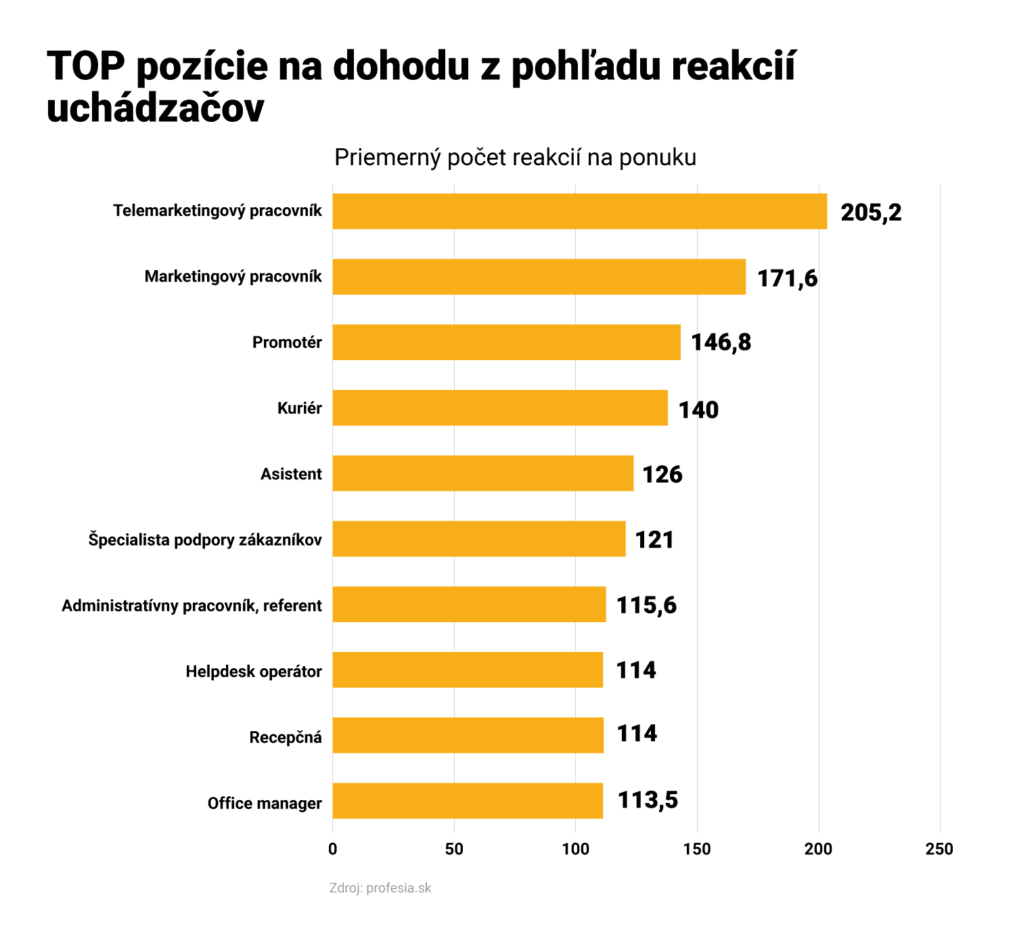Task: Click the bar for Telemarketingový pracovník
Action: [x=579, y=211]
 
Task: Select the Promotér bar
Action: [x=506, y=342]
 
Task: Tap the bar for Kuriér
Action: [x=500, y=408]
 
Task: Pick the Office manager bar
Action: [x=468, y=801]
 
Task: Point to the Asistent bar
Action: [x=482, y=473]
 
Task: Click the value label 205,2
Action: [x=871, y=213]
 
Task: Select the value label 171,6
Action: [x=787, y=278]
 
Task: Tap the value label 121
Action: [x=654, y=540]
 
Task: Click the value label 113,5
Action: [x=648, y=801]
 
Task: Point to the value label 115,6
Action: [x=646, y=605]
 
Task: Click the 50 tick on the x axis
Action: [x=454, y=849]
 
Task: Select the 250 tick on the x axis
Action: [x=939, y=849]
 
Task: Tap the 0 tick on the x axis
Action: [x=332, y=849]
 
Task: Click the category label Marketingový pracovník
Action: [x=233, y=276]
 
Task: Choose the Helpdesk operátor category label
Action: [x=254, y=672]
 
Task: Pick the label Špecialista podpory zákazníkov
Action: [x=205, y=540]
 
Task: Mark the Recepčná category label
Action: [x=286, y=737]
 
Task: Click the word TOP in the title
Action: [x=86, y=66]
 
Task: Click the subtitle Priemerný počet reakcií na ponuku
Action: [x=515, y=157]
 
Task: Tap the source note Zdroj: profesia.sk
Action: [x=380, y=888]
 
